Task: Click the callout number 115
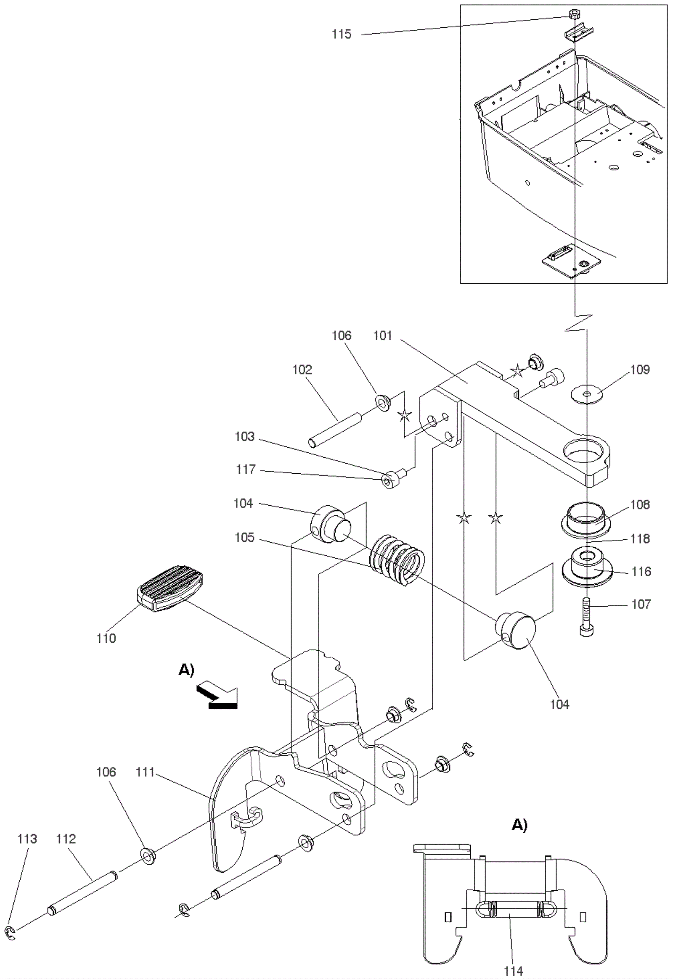point(341,34)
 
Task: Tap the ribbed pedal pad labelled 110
point(170,589)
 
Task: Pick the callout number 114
point(513,971)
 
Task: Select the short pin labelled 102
point(335,430)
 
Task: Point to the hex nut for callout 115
point(573,14)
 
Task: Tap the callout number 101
point(383,335)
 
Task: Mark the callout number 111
point(145,772)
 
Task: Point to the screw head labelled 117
point(389,480)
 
